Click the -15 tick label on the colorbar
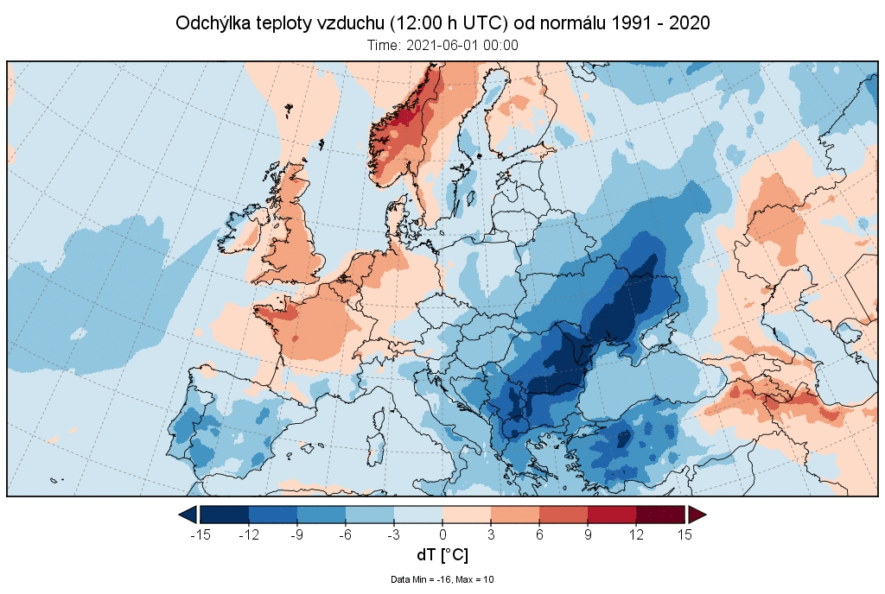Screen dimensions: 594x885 201,535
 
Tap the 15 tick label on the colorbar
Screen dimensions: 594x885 684,535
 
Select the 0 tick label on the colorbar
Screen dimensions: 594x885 442,535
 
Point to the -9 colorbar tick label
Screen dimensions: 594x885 297,535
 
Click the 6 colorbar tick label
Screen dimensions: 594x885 539,535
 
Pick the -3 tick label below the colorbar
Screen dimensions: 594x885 394,535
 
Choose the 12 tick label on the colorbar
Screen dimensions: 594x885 636,535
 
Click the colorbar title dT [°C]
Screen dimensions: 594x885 442,555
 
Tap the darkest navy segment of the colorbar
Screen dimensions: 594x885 225,515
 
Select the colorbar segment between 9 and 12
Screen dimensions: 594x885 612,515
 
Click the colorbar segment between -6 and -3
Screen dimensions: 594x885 370,515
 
